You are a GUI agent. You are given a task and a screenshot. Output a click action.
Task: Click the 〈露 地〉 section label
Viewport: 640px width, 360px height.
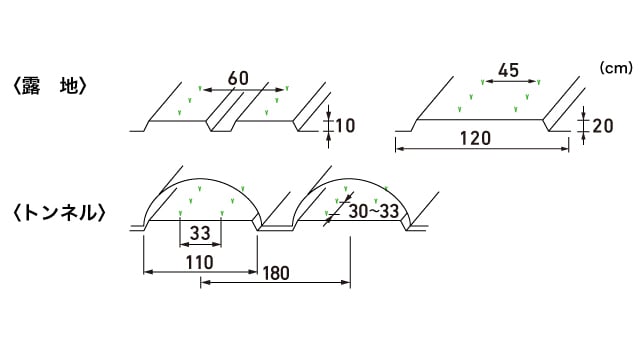point(50,86)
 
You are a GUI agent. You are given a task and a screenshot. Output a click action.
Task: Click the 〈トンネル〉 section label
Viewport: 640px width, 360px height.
point(59,213)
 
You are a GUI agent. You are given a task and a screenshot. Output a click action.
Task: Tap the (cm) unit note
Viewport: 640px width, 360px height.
point(616,68)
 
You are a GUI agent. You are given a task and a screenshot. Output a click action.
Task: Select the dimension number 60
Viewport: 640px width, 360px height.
point(238,78)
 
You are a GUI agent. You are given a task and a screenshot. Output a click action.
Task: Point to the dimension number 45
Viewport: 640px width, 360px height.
point(509,71)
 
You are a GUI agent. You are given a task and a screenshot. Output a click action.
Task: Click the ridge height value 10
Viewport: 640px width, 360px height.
point(345,126)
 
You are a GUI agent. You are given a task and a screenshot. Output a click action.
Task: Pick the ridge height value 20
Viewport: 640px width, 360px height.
point(602,126)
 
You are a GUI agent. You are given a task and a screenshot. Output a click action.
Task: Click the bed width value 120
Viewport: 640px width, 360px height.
point(476,138)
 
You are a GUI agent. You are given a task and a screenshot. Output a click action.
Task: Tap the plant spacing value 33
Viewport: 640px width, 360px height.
point(200,233)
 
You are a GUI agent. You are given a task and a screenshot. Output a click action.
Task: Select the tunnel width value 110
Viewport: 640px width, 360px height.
point(200,262)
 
